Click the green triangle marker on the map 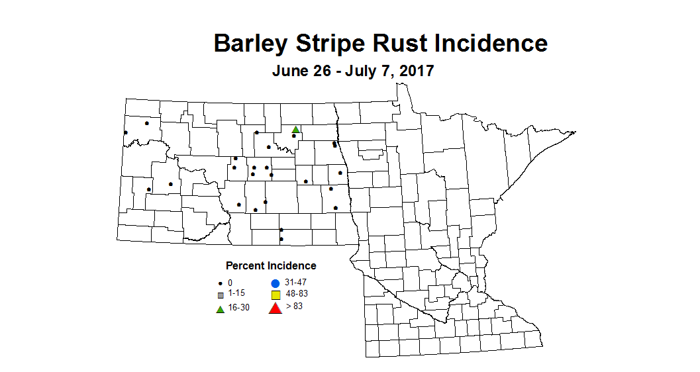point(296,129)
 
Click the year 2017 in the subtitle point(415,70)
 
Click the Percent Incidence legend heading point(271,266)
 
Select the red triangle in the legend point(275,307)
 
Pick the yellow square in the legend point(275,295)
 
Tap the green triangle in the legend point(220,308)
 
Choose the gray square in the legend point(221,295)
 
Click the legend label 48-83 point(297,293)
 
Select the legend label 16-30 point(238,308)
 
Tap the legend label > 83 point(294,306)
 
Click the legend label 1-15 point(236,293)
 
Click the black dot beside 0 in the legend point(220,283)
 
